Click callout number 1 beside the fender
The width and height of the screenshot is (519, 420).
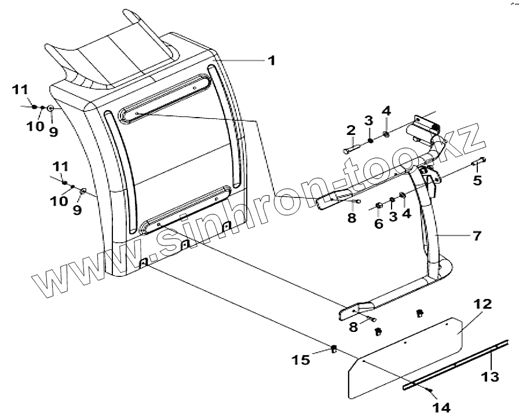point(271,60)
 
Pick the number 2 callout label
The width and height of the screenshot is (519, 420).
point(350,131)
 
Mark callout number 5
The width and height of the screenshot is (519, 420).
point(477,180)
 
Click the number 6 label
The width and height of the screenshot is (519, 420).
point(378,223)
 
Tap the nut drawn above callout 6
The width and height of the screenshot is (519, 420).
point(378,206)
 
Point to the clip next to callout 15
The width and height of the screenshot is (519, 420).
point(334,348)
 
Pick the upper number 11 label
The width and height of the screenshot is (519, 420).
point(20,90)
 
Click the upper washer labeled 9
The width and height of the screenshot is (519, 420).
point(51,108)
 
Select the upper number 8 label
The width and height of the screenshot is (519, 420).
point(351,217)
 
